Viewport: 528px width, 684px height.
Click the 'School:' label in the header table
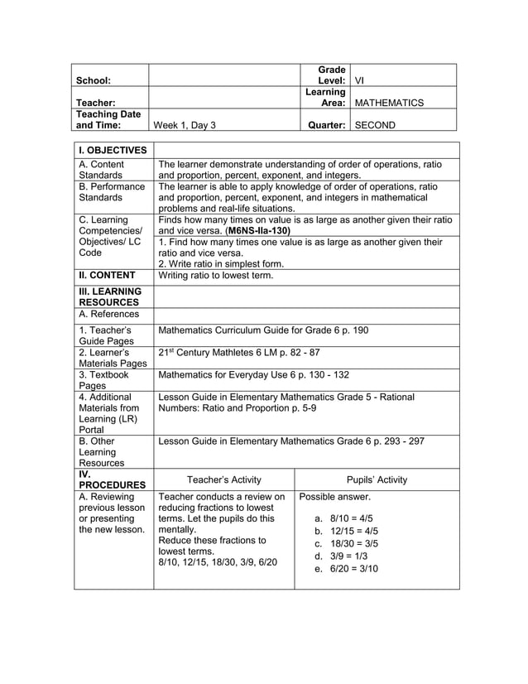[93, 81]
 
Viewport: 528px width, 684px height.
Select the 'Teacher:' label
[95, 104]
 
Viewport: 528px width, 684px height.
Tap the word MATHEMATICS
[388, 104]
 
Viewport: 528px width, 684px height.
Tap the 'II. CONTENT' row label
[108, 275]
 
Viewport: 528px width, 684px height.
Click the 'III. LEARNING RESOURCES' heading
[109, 297]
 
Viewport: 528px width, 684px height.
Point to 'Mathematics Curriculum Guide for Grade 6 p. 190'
[263, 330]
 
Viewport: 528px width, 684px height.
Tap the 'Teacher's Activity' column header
[224, 479]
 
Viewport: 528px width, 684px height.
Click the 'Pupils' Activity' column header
[377, 479]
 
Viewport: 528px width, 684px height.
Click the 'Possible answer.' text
[334, 497]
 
